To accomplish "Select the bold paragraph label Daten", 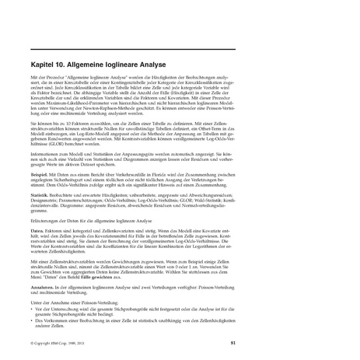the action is pyautogui.click(x=37, y=231).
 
